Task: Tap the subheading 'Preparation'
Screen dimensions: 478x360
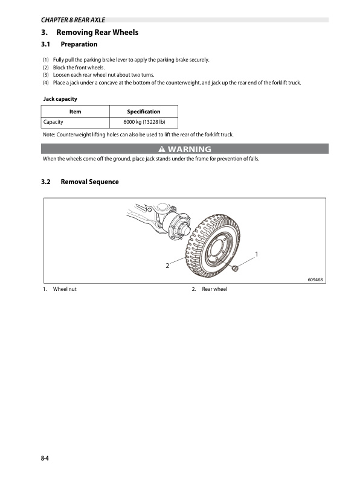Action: [79, 45]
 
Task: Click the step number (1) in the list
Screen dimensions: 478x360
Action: [46, 60]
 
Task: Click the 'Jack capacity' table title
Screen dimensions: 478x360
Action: [60, 98]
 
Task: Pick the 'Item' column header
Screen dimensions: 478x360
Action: [75, 112]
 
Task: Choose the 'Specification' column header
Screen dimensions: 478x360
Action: [143, 112]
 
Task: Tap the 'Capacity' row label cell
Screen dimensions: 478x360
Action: [54, 123]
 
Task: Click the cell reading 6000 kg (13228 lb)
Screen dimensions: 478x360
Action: [143, 123]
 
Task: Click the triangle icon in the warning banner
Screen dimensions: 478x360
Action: [161, 149]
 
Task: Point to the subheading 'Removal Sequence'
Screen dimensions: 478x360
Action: [90, 182]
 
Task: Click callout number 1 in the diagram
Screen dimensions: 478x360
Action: [257, 253]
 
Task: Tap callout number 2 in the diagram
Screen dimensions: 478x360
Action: [167, 266]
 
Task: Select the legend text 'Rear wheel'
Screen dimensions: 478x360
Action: [214, 290]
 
